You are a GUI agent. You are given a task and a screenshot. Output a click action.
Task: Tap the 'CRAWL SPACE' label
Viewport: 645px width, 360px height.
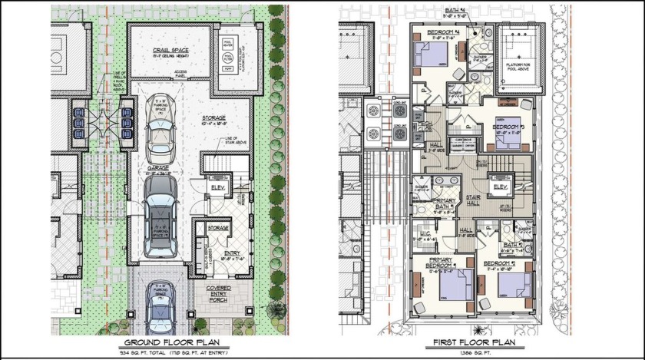click(170, 51)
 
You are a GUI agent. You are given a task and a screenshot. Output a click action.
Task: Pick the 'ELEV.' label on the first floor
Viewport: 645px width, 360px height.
click(501, 187)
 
